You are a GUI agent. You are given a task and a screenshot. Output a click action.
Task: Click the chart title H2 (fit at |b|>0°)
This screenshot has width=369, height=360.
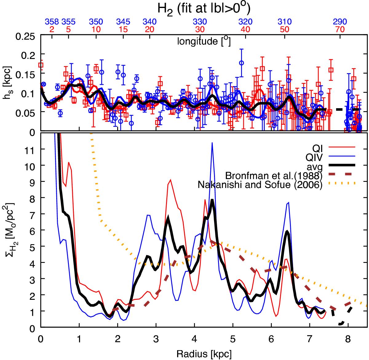(204, 8)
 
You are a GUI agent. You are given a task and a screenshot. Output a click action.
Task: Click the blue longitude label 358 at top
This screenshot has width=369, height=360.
(52, 22)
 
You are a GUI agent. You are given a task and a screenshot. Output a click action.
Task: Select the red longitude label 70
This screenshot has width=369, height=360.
(340, 30)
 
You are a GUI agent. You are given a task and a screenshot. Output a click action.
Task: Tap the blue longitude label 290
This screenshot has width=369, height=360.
(340, 22)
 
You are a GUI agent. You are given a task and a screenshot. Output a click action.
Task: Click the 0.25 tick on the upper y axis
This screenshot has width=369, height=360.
(26, 37)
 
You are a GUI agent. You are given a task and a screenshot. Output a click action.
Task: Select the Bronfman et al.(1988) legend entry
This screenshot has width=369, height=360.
(274, 175)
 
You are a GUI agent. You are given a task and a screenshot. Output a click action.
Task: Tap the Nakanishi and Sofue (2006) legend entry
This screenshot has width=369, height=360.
(260, 185)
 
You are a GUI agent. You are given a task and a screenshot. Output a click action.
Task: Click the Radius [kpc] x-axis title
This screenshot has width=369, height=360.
(204, 353)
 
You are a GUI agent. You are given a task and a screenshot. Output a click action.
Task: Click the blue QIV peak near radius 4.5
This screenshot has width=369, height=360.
(212, 143)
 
